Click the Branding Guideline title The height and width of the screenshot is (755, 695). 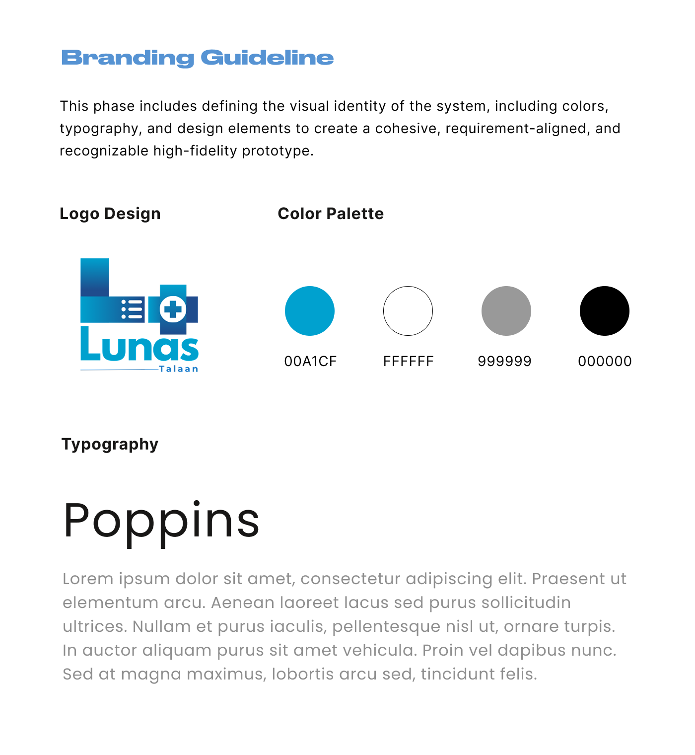click(x=197, y=58)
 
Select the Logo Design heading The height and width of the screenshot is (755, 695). click(x=110, y=214)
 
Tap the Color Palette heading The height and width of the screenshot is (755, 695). click(x=331, y=214)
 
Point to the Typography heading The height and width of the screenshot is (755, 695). click(x=110, y=444)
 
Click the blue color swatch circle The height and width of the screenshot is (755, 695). click(x=310, y=311)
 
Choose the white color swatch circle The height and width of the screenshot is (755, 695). click(x=408, y=311)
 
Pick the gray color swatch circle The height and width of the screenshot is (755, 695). click(x=506, y=311)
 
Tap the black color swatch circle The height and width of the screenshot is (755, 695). click(x=605, y=311)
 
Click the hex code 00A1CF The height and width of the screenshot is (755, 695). click(x=310, y=361)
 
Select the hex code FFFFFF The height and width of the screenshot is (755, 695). click(x=408, y=361)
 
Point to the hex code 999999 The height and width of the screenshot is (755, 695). click(x=504, y=361)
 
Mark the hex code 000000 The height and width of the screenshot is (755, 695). click(x=605, y=361)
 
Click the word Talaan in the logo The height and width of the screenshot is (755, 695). click(x=179, y=369)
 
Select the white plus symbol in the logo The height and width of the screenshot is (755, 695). click(x=173, y=309)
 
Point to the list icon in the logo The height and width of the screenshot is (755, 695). click(x=132, y=309)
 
